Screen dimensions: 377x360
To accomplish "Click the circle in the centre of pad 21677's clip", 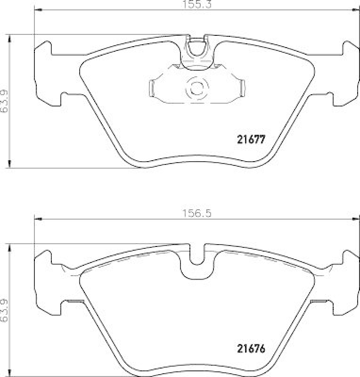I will point(196,88).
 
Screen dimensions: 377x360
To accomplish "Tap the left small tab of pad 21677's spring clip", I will point(152,88).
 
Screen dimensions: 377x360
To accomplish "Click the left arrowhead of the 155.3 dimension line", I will point(38,10).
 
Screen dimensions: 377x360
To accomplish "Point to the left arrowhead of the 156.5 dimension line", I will point(38,219).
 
